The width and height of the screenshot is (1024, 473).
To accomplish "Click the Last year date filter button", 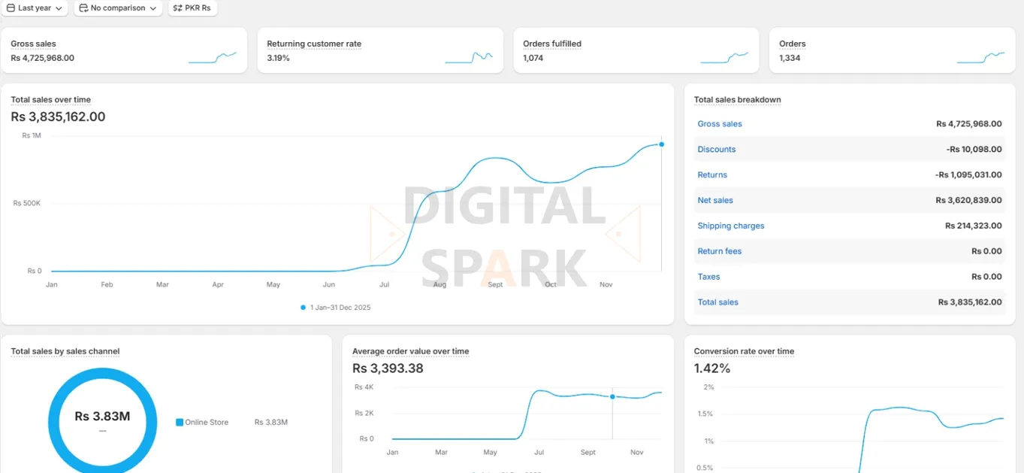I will [35, 8].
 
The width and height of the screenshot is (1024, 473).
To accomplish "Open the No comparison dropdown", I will [118, 8].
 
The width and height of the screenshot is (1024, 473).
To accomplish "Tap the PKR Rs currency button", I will [192, 8].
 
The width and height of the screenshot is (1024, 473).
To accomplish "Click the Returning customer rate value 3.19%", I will [278, 58].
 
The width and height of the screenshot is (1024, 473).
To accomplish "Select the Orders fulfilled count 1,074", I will [533, 58].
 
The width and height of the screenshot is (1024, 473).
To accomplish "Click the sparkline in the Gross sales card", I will [213, 58].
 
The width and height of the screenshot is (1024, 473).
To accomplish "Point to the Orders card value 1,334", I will [790, 58].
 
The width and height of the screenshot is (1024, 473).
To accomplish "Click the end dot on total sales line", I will [661, 144].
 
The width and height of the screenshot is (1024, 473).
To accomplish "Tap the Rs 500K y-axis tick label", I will [27, 203].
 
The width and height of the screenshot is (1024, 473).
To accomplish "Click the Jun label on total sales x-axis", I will [328, 285].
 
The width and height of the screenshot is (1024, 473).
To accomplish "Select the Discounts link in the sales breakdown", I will [716, 150].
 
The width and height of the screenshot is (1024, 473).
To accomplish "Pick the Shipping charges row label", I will [730, 226].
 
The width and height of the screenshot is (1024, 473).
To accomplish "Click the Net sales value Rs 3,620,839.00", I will [968, 201].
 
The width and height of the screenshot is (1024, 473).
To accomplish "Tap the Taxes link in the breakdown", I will [708, 277].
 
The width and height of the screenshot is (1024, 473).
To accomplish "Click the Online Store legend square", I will [180, 423].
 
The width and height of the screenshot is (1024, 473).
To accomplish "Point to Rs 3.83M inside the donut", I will [102, 417].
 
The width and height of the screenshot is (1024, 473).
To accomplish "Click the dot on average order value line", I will [612, 396].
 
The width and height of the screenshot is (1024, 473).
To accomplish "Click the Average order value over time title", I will [410, 351].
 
